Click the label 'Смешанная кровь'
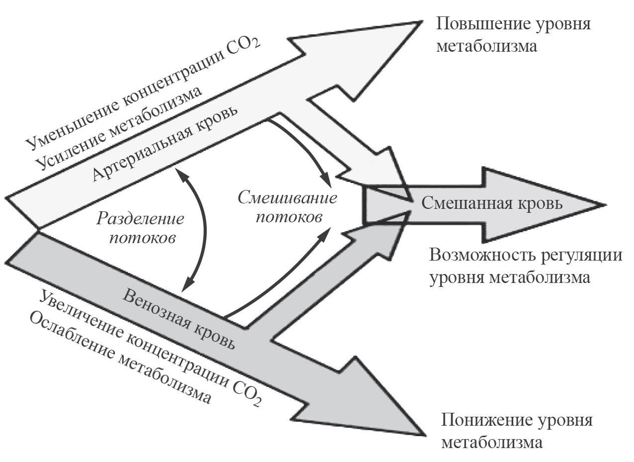click(492, 203)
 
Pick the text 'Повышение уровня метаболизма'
click(513, 35)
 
